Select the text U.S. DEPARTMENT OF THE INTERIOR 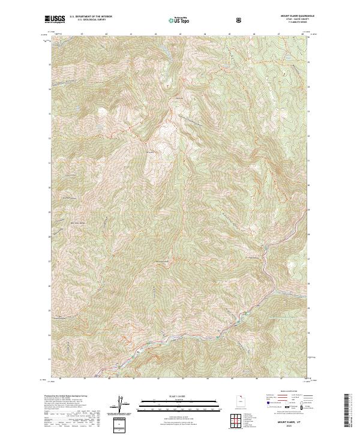pos(91,17)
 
